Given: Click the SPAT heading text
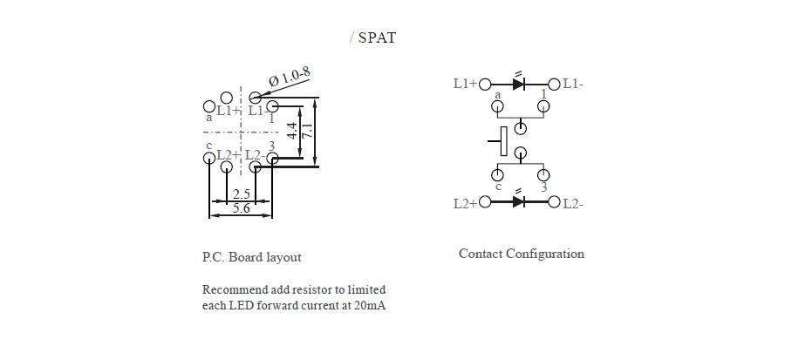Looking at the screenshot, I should tap(377, 38).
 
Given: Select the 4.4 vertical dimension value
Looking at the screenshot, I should tap(291, 133).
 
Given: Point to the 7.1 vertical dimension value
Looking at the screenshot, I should tap(306, 133).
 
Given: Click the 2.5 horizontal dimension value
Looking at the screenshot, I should tap(242, 194).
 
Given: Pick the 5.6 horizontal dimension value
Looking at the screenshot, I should tap(242, 209).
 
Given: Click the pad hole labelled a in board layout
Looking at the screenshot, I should tap(208, 107).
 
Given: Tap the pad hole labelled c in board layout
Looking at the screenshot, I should tap(208, 158).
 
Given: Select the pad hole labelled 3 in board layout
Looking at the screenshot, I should tap(273, 158).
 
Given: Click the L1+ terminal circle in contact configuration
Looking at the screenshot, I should tap(485, 84).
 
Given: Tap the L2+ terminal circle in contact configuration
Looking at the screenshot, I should tap(485, 203).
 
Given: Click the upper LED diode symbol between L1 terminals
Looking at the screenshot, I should tap(520, 84).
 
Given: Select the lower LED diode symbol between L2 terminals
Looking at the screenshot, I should tap(520, 202).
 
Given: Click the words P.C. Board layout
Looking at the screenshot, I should tap(251, 257).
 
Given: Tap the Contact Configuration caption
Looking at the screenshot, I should tap(522, 254).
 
